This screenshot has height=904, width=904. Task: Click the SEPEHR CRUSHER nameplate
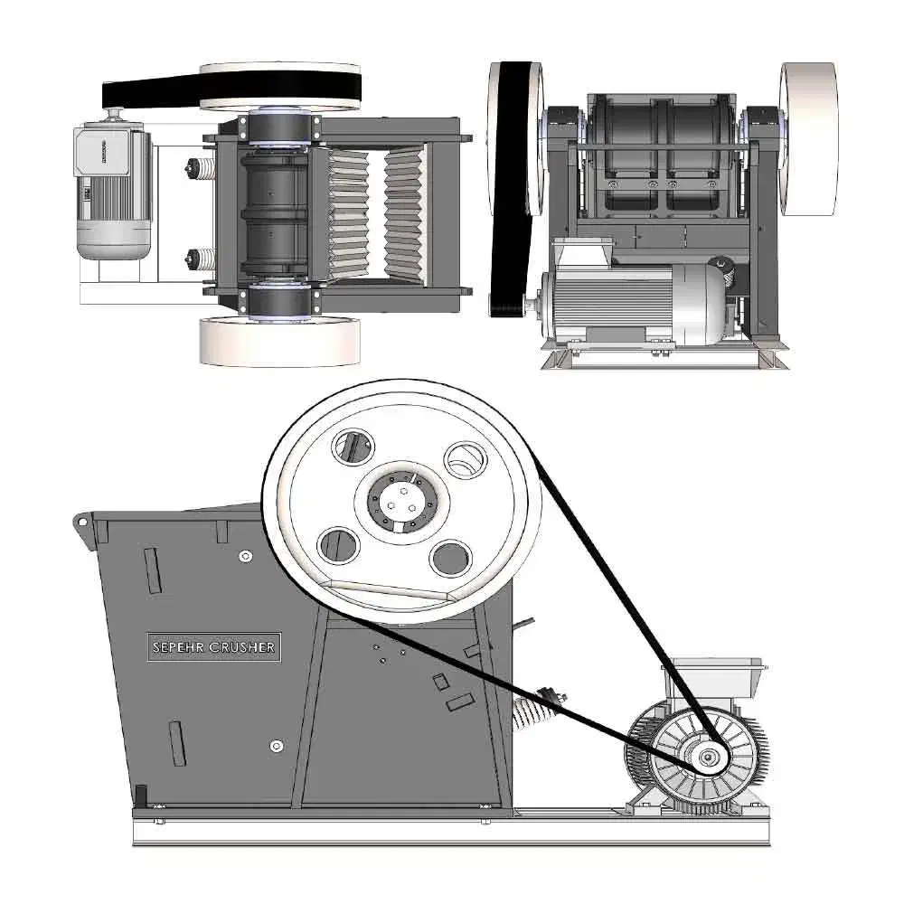click(214, 647)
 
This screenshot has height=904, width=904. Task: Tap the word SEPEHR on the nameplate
click(178, 647)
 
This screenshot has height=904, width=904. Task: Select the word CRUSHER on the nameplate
click(242, 647)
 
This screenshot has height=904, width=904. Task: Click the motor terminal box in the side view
click(715, 677)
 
